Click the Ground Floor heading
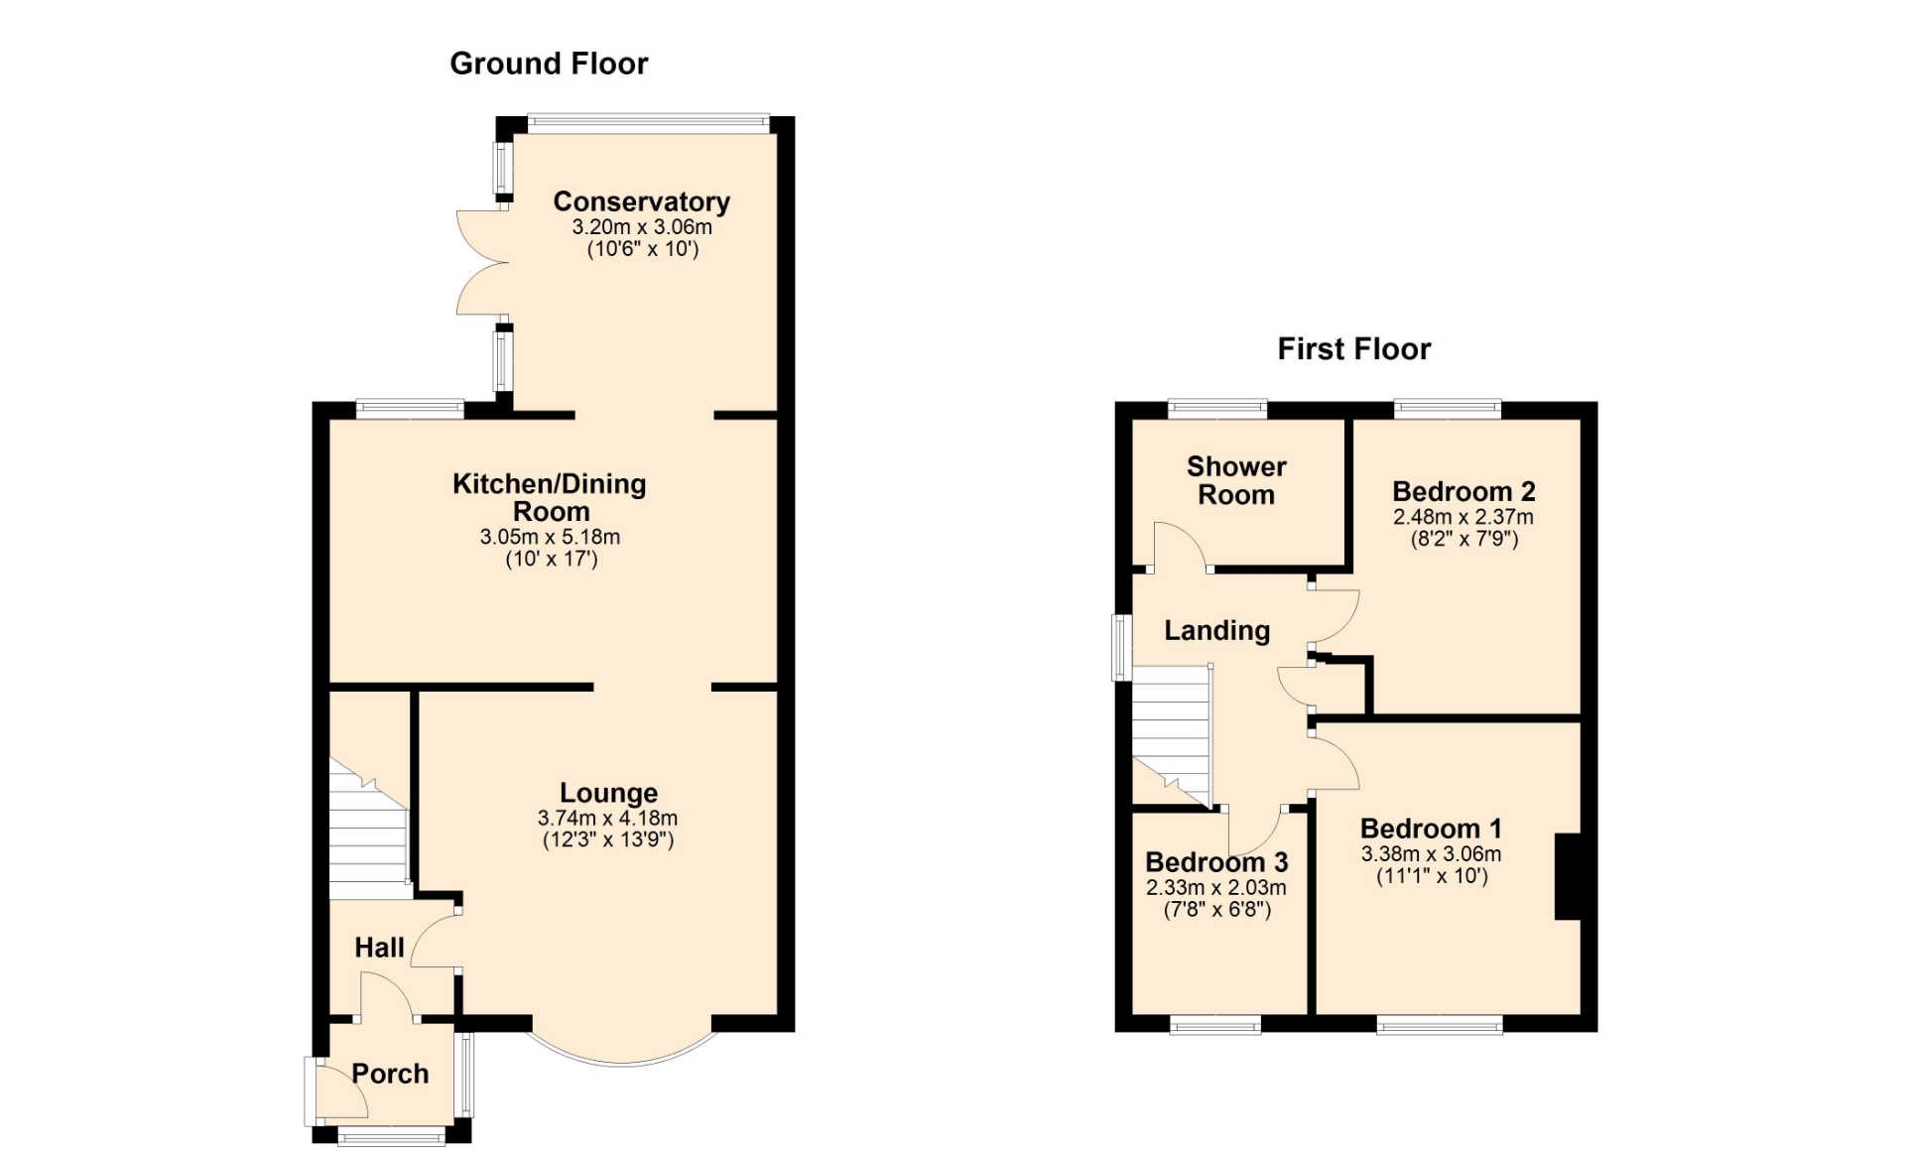pos(549,64)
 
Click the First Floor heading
pos(1353,349)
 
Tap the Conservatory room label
pos(642,201)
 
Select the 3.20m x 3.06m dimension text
pos(642,226)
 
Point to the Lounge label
pos(608,793)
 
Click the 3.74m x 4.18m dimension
pos(607,819)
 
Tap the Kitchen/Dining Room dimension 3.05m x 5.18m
pos(550,537)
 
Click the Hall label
pos(379,948)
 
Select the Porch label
pos(390,1074)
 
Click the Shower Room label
pos(1236,480)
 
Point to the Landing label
pos(1216,631)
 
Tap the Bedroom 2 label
pos(1463,491)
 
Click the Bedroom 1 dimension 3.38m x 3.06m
pos(1431,854)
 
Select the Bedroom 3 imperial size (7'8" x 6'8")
pos(1216,909)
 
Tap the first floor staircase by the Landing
pos(1173,735)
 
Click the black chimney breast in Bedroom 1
pos(1568,877)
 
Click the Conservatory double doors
pos(481,263)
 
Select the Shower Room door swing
pos(1180,547)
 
